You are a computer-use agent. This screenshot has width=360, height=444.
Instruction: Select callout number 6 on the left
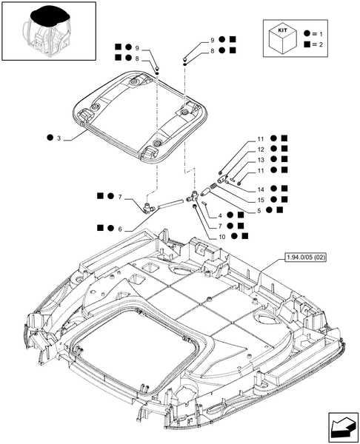(119, 229)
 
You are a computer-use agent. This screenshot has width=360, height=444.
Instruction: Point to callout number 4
(221, 214)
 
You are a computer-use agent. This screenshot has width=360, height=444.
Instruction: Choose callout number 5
(259, 211)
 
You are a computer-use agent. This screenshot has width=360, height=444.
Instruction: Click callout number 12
(260, 149)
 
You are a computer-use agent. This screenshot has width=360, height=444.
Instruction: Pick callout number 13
(260, 160)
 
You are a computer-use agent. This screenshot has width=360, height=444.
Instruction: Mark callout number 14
(260, 189)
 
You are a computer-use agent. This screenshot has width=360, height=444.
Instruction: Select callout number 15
(260, 200)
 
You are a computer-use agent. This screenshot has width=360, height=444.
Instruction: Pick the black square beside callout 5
(279, 211)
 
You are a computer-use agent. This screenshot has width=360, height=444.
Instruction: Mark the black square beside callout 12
(285, 149)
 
